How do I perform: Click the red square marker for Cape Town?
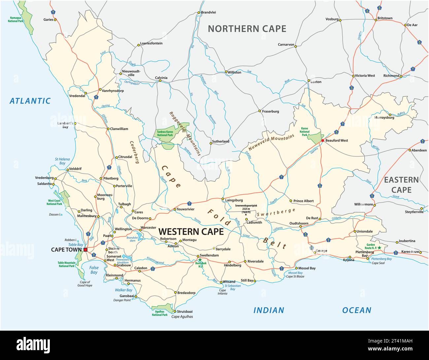pyautogui.click(x=85, y=250)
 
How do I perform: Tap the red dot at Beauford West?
pyautogui.click(x=323, y=140)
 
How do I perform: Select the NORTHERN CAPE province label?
pyautogui.click(x=247, y=29)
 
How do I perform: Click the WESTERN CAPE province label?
pyautogui.click(x=191, y=231)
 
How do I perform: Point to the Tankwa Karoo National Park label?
pyautogui.click(x=165, y=133)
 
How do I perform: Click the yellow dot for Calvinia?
pyautogui.click(x=160, y=81)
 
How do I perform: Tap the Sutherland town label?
pyautogui.click(x=221, y=141)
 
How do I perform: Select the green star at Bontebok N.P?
pyautogui.click(x=200, y=260)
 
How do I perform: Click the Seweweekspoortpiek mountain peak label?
pyautogui.click(x=246, y=205)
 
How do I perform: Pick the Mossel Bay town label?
pyautogui.click(x=308, y=268)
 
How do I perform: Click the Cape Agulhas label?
pyautogui.click(x=182, y=316)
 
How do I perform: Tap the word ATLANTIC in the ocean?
pyautogui.click(x=30, y=101)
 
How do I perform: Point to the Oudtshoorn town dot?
pyautogui.click(x=300, y=227)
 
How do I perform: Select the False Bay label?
pyautogui.click(x=94, y=270)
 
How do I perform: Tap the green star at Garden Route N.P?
pyautogui.click(x=379, y=247)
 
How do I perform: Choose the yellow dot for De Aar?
pyautogui.click(x=405, y=25)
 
